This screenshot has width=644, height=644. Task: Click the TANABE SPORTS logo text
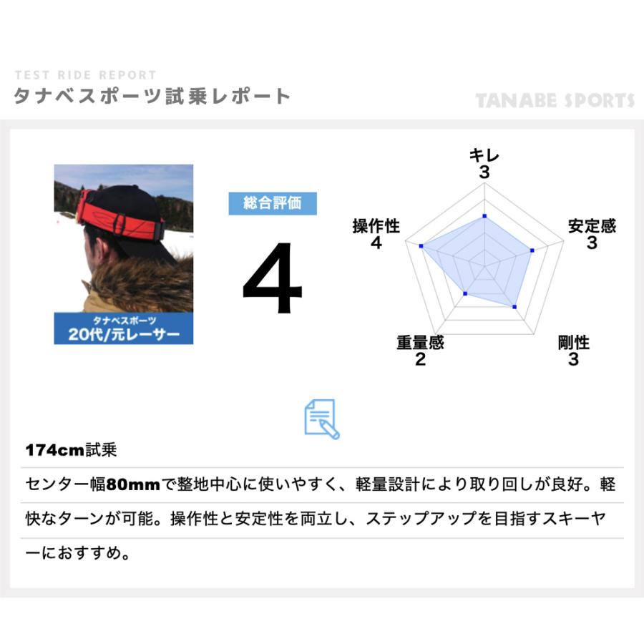tap(555, 100)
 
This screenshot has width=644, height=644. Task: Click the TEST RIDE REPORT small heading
tap(84, 75)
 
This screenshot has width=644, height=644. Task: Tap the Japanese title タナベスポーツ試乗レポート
tap(152, 97)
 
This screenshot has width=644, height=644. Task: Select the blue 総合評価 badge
tap(272, 203)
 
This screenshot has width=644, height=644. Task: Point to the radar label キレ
tap(484, 155)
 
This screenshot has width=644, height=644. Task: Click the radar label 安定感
tap(592, 226)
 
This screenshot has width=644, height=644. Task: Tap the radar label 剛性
tap(573, 343)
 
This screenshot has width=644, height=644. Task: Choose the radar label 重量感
tap(420, 343)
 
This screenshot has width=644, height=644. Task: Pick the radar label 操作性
tap(376, 226)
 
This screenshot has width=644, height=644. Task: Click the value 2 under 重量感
tap(420, 359)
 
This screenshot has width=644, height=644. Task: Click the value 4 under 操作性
tap(376, 243)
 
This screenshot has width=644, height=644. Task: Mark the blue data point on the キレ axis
tap(484, 215)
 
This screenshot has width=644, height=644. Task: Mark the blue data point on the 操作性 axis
tap(421, 246)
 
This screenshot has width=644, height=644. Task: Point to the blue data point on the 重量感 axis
tap(465, 293)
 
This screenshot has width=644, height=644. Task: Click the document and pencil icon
tap(321, 419)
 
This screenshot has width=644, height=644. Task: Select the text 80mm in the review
tap(133, 485)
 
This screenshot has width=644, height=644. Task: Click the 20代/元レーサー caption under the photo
tap(124, 334)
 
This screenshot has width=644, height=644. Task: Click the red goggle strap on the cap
tap(122, 215)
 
